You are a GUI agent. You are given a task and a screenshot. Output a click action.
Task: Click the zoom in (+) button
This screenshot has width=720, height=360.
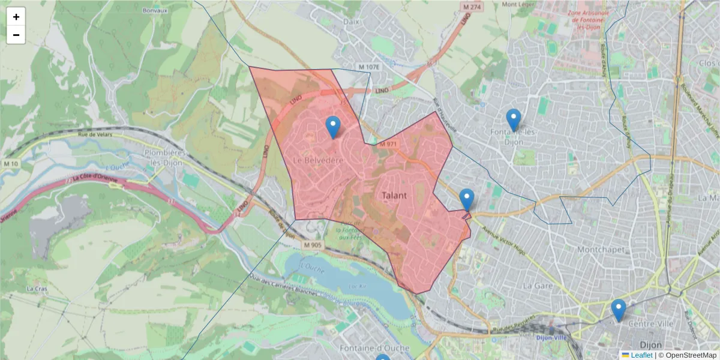(16, 17)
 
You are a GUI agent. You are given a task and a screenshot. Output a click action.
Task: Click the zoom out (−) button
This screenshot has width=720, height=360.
(16, 35)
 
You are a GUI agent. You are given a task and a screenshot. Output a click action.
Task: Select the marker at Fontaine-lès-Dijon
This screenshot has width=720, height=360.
(513, 119)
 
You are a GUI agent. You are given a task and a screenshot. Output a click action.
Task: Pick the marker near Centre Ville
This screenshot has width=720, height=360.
(619, 310)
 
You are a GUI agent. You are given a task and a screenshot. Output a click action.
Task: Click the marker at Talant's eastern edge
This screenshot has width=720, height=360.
(466, 200)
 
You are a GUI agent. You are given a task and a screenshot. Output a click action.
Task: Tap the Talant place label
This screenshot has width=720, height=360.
(394, 196)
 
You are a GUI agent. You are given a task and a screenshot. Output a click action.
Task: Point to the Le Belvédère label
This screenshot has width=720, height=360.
(318, 161)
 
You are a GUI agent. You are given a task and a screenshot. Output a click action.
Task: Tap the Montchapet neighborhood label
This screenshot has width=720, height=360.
(600, 249)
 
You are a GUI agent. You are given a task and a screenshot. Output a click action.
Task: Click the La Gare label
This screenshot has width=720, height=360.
(537, 286)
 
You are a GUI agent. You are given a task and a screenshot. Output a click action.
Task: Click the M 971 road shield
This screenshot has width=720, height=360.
(388, 144)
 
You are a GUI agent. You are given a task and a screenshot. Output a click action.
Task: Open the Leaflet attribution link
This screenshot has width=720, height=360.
(641, 355)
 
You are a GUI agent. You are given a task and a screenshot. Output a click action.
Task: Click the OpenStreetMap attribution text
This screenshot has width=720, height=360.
(691, 355)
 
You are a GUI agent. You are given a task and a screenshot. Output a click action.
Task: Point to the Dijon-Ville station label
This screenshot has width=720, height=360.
(551, 337)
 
